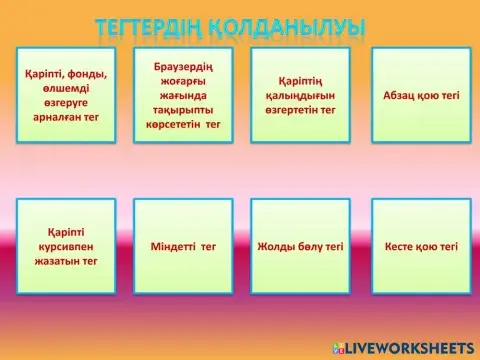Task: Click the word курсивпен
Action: (65, 246)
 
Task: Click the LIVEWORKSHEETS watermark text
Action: (410, 345)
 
